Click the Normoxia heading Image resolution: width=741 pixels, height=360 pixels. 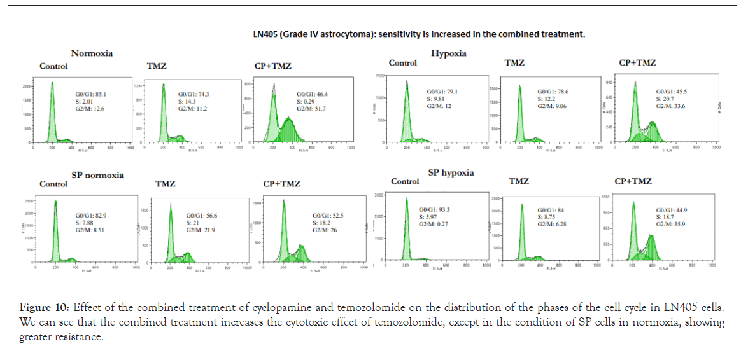pyautogui.click(x=92, y=53)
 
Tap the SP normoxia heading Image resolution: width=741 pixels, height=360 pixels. pyautogui.click(x=97, y=175)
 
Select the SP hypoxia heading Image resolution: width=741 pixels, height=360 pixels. pyautogui.click(x=451, y=172)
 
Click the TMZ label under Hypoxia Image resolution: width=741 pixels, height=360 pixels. pyautogui.click(x=514, y=63)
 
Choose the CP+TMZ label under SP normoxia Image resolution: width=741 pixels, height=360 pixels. pyautogui.click(x=281, y=184)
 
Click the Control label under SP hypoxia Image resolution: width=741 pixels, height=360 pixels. pyautogui.click(x=405, y=181)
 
